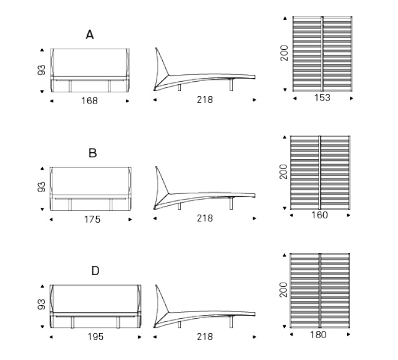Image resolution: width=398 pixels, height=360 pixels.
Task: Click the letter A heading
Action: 90,34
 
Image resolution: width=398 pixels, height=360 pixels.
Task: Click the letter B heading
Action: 93,153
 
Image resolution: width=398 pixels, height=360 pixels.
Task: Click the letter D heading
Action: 95,271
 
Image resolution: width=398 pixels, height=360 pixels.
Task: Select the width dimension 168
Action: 89,101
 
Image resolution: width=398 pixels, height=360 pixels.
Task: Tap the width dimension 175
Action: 92,220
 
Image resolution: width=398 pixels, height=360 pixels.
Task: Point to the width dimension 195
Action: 95,337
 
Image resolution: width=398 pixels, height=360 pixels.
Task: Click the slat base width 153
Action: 323,98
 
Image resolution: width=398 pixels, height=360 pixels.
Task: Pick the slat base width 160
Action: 319,215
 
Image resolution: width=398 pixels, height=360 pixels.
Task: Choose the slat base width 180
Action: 318,335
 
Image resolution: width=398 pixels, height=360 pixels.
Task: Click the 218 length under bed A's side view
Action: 205,100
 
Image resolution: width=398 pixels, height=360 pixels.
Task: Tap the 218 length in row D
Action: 205,337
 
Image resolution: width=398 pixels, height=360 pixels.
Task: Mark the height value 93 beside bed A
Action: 41,70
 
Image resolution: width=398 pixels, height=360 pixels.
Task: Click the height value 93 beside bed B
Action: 41,187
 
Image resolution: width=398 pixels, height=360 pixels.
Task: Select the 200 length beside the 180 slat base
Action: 283,289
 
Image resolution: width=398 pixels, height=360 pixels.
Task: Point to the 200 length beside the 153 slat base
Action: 284,53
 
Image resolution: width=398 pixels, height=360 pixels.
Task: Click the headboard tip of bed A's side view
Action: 156,48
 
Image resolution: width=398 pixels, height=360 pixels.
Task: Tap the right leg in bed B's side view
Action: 231,203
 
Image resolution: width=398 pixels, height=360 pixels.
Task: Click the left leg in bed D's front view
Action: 72,322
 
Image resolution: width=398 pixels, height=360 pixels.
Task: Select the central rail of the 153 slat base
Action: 322,54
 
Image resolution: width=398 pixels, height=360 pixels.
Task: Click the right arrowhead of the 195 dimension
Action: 139,337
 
